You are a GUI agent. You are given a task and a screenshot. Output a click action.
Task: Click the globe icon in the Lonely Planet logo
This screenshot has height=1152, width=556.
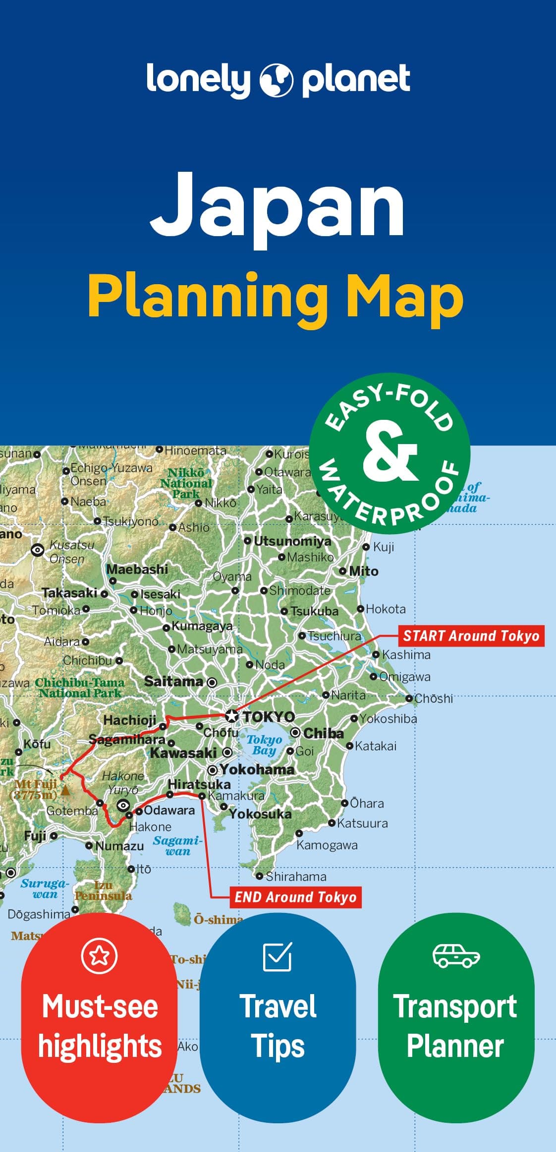point(277,80)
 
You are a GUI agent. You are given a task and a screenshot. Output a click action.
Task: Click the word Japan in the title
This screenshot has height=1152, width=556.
point(278,205)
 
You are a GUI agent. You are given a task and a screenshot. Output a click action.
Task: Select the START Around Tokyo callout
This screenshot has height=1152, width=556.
point(471,636)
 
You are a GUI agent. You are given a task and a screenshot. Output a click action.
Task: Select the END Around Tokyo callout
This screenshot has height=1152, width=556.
point(295,897)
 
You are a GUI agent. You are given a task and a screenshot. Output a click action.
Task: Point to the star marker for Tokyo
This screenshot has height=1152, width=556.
point(231,715)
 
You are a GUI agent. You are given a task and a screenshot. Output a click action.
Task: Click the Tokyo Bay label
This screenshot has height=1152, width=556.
point(264,745)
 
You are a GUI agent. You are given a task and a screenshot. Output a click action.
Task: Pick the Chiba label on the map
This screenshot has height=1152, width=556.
point(323,733)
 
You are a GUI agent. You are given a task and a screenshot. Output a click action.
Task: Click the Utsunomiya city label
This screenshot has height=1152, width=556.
point(292,541)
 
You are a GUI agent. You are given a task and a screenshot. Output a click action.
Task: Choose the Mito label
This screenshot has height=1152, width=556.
point(363,571)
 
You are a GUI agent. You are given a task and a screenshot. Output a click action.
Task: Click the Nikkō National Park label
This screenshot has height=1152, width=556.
point(186,483)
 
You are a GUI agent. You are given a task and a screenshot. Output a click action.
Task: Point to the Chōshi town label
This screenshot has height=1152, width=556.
point(434,699)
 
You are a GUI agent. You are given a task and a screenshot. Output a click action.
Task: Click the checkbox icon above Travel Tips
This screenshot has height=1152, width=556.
point(278,956)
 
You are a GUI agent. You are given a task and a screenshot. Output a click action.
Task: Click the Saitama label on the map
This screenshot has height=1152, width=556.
point(173,682)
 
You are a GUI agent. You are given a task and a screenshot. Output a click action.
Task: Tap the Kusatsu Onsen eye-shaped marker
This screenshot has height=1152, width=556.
point(37,550)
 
